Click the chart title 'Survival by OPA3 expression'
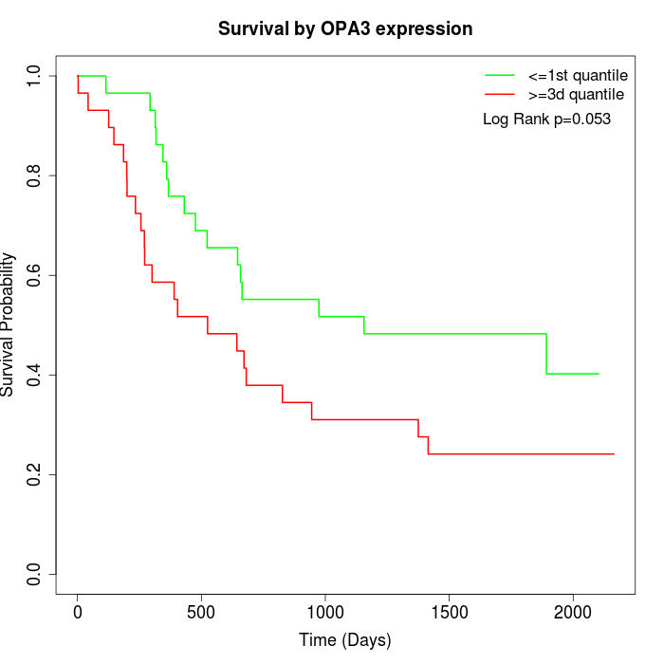click(345, 28)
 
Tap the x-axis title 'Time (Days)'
click(345, 640)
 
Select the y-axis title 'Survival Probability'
click(9, 324)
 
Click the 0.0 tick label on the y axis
click(34, 574)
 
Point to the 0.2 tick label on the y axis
click(34, 474)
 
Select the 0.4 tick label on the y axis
click(34, 375)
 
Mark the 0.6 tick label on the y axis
click(34, 275)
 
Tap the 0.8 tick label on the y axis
click(34, 175)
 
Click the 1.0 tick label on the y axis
click(34, 76)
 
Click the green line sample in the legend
click(500, 74)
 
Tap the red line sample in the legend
click(500, 94)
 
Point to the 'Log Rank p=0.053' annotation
click(546, 119)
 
